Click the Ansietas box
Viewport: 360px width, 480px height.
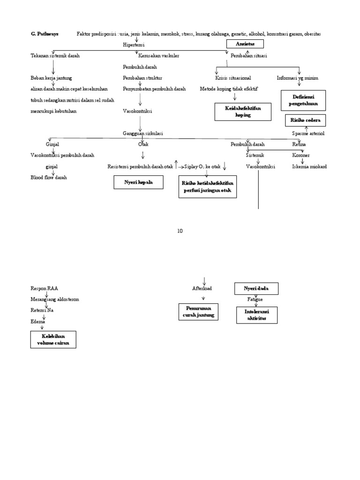(245, 44)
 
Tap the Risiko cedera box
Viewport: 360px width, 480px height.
(305, 120)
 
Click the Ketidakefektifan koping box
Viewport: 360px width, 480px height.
(243, 112)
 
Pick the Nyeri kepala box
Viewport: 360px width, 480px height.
(138, 182)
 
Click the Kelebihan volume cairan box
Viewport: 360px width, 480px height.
(52, 340)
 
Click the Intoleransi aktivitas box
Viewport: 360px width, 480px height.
(256, 315)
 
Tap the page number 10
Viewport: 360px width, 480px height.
(180, 231)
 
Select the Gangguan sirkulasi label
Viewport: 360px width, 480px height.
(143, 134)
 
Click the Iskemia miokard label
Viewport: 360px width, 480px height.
(309, 166)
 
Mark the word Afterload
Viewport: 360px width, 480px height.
(202, 288)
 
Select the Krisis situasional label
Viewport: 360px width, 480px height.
(232, 78)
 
